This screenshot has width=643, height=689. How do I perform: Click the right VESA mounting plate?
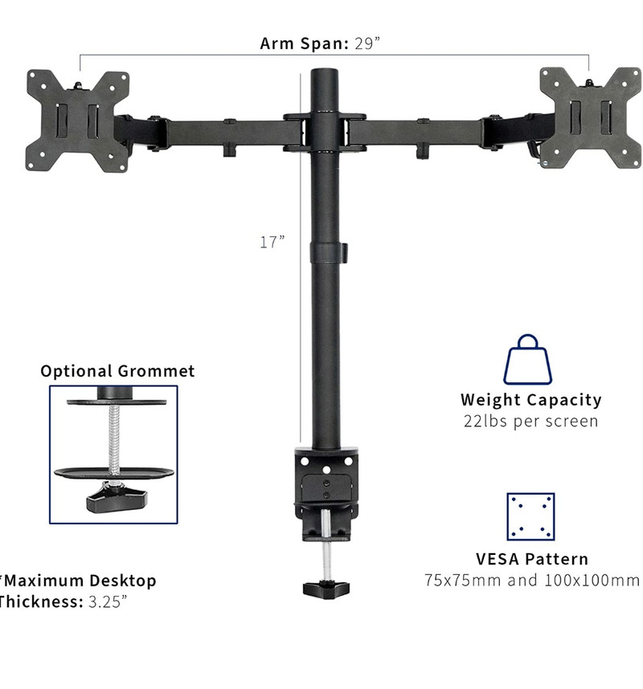pos(590,117)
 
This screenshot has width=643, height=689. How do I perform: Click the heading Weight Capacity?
pos(530,399)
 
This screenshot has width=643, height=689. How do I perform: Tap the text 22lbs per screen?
pos(530,421)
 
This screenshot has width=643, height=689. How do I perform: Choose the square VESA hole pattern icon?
pos(530,516)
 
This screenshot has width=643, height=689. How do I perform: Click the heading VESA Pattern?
pos(530,559)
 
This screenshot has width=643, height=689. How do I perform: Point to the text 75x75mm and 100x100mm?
pos(531,580)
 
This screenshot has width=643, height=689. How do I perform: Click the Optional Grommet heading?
pos(117,371)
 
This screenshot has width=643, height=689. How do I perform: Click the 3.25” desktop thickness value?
pos(107,601)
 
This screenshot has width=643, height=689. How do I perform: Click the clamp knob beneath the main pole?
pos(325,586)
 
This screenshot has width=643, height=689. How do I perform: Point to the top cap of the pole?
pos(326,75)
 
